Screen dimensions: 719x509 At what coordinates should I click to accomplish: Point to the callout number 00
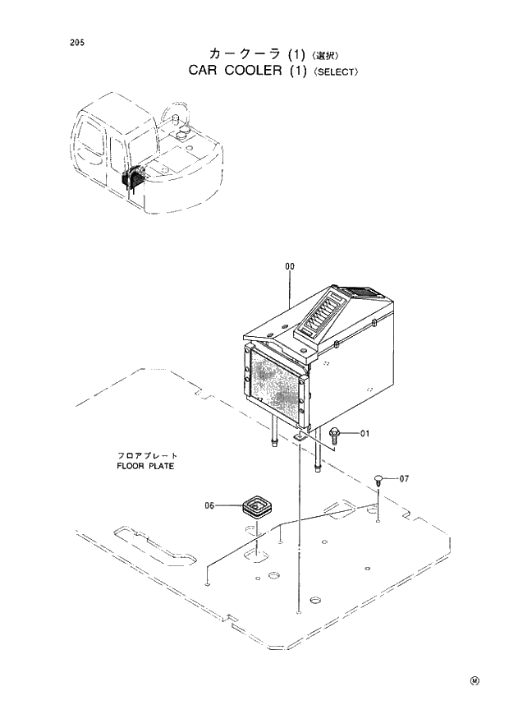click(x=289, y=266)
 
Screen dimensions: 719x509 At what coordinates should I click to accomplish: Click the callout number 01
click(x=365, y=433)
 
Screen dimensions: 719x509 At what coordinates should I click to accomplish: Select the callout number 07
click(x=403, y=478)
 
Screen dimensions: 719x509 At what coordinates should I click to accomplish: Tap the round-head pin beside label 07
click(x=378, y=480)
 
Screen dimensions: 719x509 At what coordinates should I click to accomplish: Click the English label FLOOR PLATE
click(x=145, y=466)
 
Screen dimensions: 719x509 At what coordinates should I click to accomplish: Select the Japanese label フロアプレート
click(x=146, y=455)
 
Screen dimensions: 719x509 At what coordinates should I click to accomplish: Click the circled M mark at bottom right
click(x=474, y=680)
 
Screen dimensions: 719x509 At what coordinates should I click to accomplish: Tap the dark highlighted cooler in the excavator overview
click(x=134, y=177)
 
